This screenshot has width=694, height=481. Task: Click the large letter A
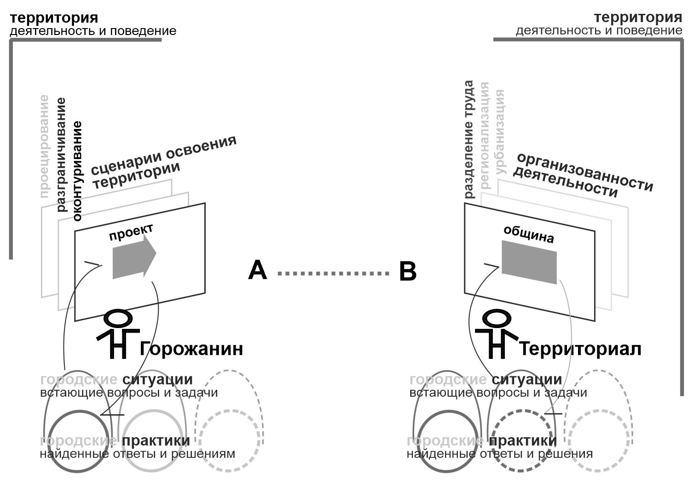click(x=257, y=270)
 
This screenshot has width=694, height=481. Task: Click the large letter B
click(x=408, y=271)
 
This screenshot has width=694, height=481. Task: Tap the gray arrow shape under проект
click(x=134, y=256)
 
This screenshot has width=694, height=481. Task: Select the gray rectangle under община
click(x=529, y=262)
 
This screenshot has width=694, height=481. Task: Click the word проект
click(x=131, y=232)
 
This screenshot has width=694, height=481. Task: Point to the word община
click(x=529, y=234)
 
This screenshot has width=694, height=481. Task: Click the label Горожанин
click(x=191, y=349)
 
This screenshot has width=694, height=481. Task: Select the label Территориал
click(x=580, y=349)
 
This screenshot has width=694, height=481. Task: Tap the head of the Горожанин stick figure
click(x=118, y=318)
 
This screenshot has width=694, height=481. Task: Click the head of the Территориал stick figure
click(x=497, y=318)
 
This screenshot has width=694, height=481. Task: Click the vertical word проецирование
click(x=45, y=147)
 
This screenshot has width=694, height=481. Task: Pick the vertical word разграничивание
click(x=61, y=155)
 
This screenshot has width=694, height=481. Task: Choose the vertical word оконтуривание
click(x=77, y=171)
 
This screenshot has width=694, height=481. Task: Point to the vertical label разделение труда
click(x=469, y=139)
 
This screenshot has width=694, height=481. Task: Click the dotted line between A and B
click(x=333, y=273)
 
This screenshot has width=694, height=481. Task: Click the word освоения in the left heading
click(x=201, y=148)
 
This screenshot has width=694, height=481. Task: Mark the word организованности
click(x=585, y=171)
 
